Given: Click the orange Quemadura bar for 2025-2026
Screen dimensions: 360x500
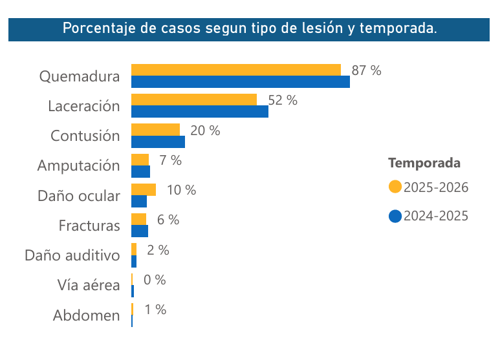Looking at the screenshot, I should click(235, 70).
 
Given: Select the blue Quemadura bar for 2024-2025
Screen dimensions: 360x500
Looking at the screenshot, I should click(240, 81).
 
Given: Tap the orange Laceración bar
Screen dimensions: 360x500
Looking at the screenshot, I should click(193, 100).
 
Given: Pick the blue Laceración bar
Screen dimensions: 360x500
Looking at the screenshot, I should click(199, 111).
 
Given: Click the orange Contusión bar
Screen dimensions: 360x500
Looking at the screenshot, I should click(155, 129).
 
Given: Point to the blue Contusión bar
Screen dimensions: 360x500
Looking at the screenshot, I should click(158, 142).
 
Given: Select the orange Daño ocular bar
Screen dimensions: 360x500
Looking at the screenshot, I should click(143, 189).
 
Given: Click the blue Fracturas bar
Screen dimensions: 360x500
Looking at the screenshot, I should click(139, 231).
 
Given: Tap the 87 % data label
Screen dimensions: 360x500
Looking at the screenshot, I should click(366, 71).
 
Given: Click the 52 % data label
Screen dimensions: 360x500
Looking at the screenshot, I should click(282, 100).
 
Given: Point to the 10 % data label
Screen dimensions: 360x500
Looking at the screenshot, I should click(181, 190).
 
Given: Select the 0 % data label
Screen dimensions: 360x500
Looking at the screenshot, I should click(155, 280).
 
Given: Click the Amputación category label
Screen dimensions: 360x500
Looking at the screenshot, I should click(78, 165).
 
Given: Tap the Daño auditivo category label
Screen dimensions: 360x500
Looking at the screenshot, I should click(72, 255).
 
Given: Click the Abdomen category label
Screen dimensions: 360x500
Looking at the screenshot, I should click(86, 315).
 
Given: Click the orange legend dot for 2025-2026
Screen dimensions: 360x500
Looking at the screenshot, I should click(395, 187).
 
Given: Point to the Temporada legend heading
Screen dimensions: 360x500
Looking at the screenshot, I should click(424, 162).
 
